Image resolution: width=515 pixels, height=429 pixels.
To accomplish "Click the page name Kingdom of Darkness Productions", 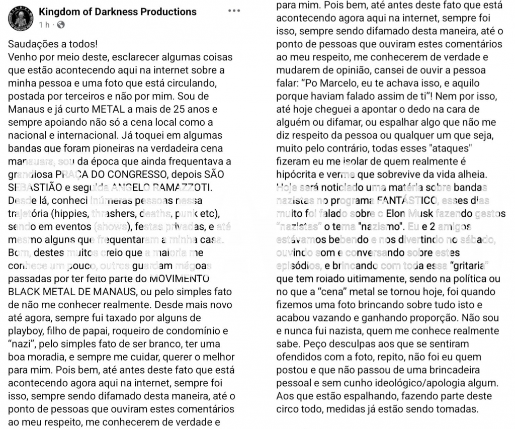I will pos(118,12).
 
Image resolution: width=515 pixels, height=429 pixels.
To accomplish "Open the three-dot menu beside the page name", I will pos(234,11).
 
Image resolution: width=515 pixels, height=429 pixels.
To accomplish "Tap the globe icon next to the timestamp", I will pos(61,24).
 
